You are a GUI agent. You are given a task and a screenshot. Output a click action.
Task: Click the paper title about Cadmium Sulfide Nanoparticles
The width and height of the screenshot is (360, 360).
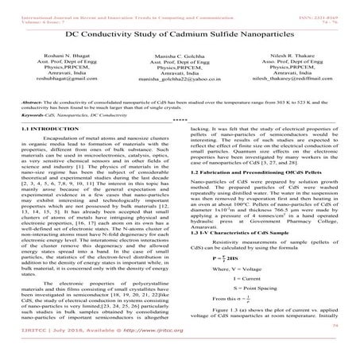click(179, 37)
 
